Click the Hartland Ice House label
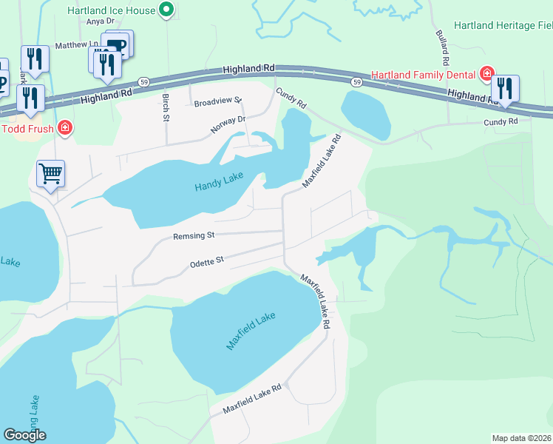(x=111, y=10)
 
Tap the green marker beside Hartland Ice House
(x=166, y=10)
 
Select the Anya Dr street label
(x=98, y=21)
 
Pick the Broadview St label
(x=218, y=100)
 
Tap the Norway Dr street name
(x=228, y=124)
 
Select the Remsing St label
(x=194, y=236)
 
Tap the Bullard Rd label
(x=441, y=45)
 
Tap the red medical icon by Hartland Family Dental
(x=486, y=73)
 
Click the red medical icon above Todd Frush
(x=65, y=127)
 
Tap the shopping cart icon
(x=51, y=174)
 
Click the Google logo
(x=24, y=435)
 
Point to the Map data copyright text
(x=522, y=438)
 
